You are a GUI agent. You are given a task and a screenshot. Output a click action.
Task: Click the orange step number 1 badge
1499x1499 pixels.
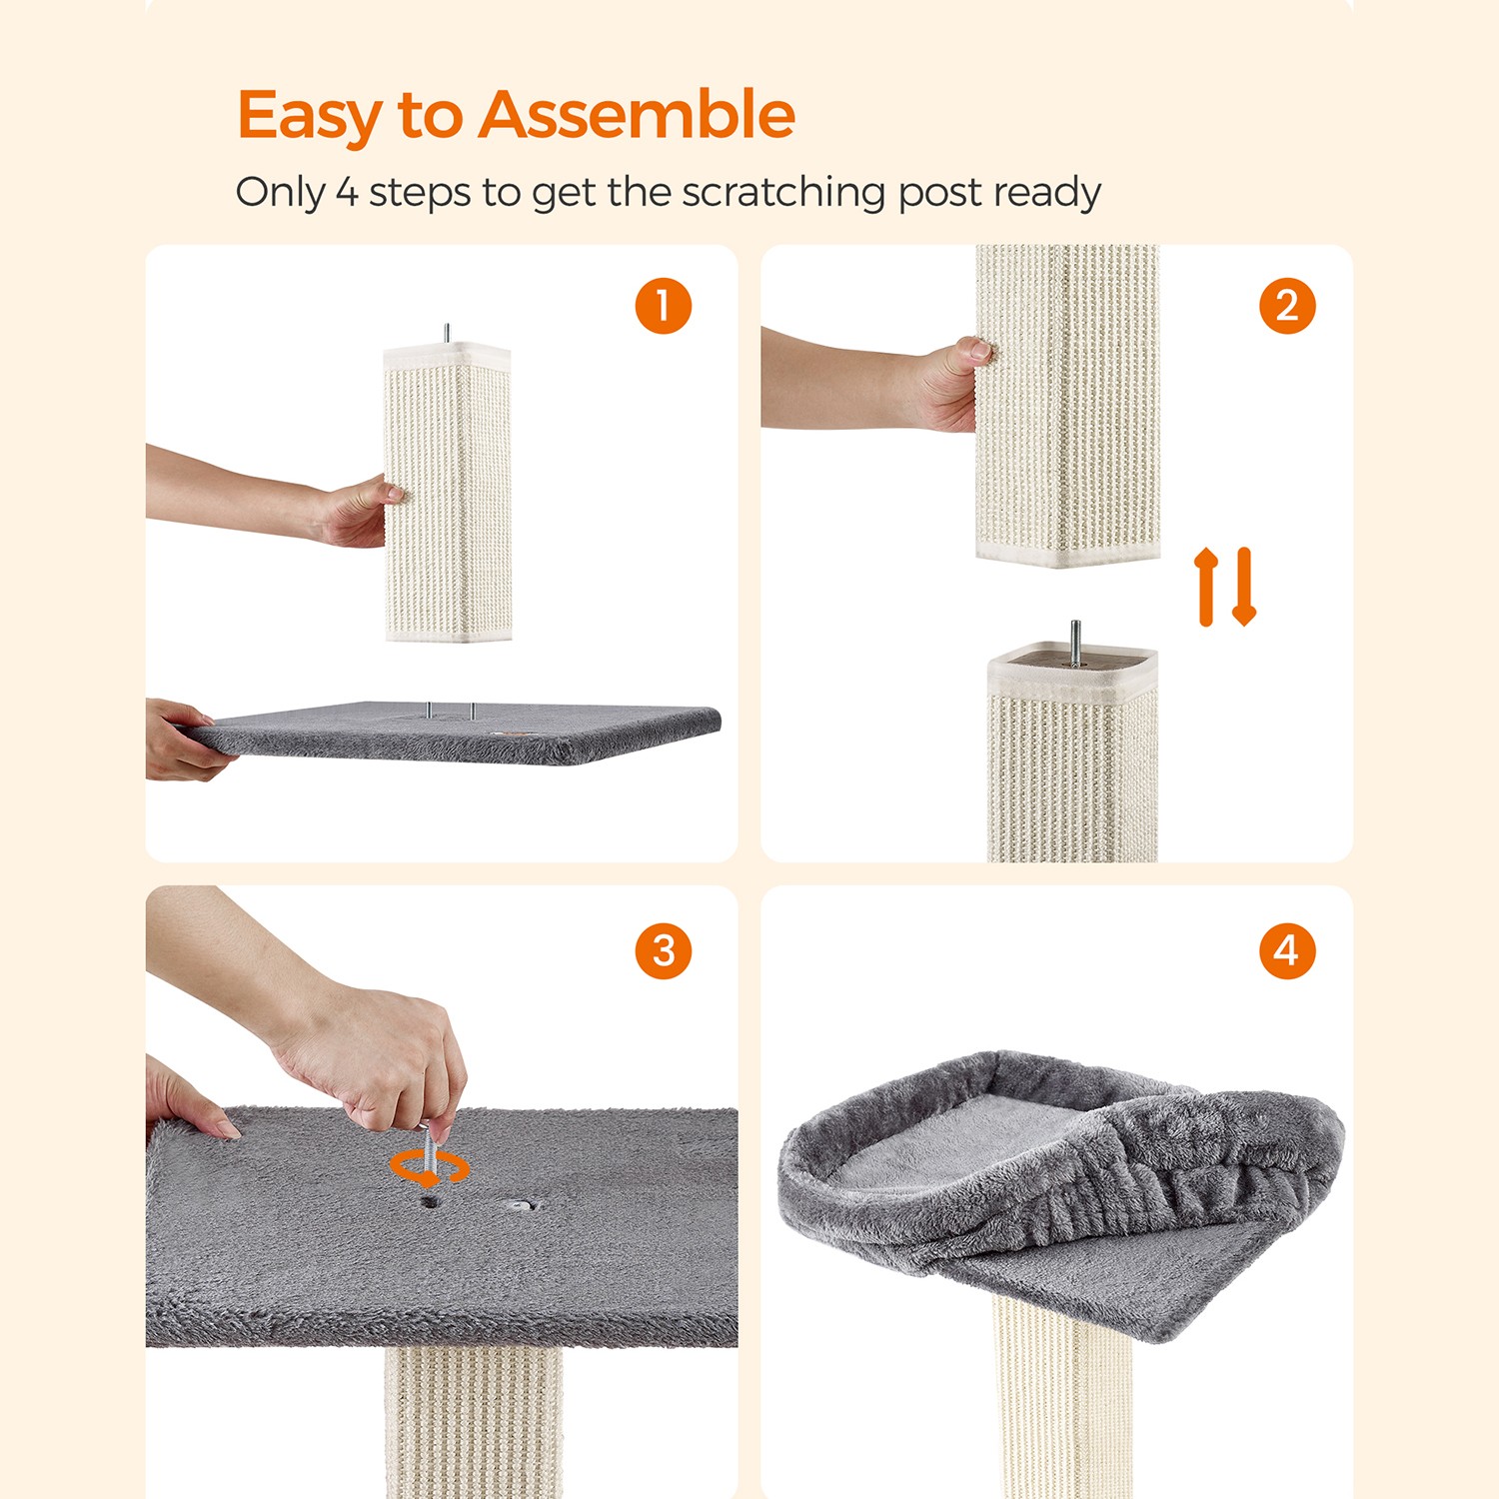pyautogui.click(x=664, y=306)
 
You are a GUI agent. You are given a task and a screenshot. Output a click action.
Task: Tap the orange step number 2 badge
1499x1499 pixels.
pyautogui.click(x=1287, y=306)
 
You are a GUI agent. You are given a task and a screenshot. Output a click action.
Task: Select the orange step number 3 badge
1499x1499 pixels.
pyautogui.click(x=664, y=950)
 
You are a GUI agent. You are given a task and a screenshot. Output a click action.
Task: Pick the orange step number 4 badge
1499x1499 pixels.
pyautogui.click(x=1287, y=950)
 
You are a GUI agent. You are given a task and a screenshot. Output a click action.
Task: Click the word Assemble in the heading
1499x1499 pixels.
pyautogui.click(x=637, y=114)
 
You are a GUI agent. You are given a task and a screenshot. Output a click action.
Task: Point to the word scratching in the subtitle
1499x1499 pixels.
pyautogui.click(x=783, y=192)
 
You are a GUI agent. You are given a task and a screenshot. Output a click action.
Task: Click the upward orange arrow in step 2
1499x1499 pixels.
pyautogui.click(x=1206, y=587)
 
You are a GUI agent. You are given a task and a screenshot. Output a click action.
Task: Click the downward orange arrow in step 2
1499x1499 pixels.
pyautogui.click(x=1243, y=587)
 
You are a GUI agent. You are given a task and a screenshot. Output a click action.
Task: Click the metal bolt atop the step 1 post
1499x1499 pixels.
pyautogui.click(x=447, y=334)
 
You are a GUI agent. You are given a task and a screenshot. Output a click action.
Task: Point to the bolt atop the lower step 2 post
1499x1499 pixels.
pyautogui.click(x=1074, y=642)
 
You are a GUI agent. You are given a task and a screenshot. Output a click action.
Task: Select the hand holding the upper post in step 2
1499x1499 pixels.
pyautogui.click(x=949, y=385)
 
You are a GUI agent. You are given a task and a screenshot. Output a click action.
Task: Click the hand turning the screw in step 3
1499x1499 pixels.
pyautogui.click(x=375, y=1059)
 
